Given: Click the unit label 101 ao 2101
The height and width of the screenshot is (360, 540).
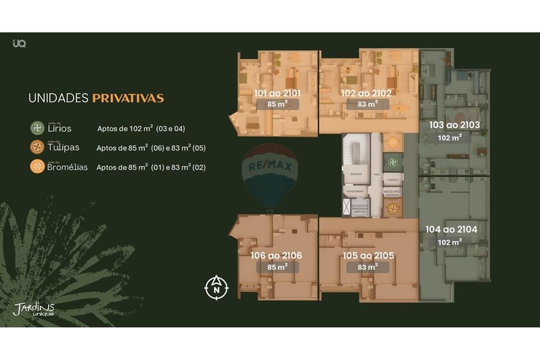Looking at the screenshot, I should [x=277, y=93].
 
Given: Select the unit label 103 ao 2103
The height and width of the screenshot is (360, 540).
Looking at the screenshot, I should [x=454, y=125].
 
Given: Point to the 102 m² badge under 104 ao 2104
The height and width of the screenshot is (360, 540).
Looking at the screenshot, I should [x=449, y=242].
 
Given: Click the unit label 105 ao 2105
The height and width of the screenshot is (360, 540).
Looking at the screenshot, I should [x=368, y=255].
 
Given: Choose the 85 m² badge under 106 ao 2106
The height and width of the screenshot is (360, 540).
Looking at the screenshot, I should [x=278, y=267].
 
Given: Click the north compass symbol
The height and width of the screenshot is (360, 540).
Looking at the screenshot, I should [x=217, y=288].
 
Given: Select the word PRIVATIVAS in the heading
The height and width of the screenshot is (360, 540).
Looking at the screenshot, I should [x=128, y=98].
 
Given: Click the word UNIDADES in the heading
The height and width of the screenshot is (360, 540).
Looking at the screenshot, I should [x=58, y=98].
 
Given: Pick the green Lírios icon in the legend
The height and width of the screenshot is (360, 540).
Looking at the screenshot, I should [x=37, y=128].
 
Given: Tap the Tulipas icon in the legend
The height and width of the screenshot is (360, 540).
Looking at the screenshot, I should [x=37, y=147].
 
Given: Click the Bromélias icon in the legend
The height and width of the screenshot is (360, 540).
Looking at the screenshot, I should [x=37, y=166].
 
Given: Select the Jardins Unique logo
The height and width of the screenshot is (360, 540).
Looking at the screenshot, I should [x=33, y=309].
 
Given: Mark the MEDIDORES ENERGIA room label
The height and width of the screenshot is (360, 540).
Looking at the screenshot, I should [x=393, y=193].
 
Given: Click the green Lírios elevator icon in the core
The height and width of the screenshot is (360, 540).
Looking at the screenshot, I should [x=393, y=162].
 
